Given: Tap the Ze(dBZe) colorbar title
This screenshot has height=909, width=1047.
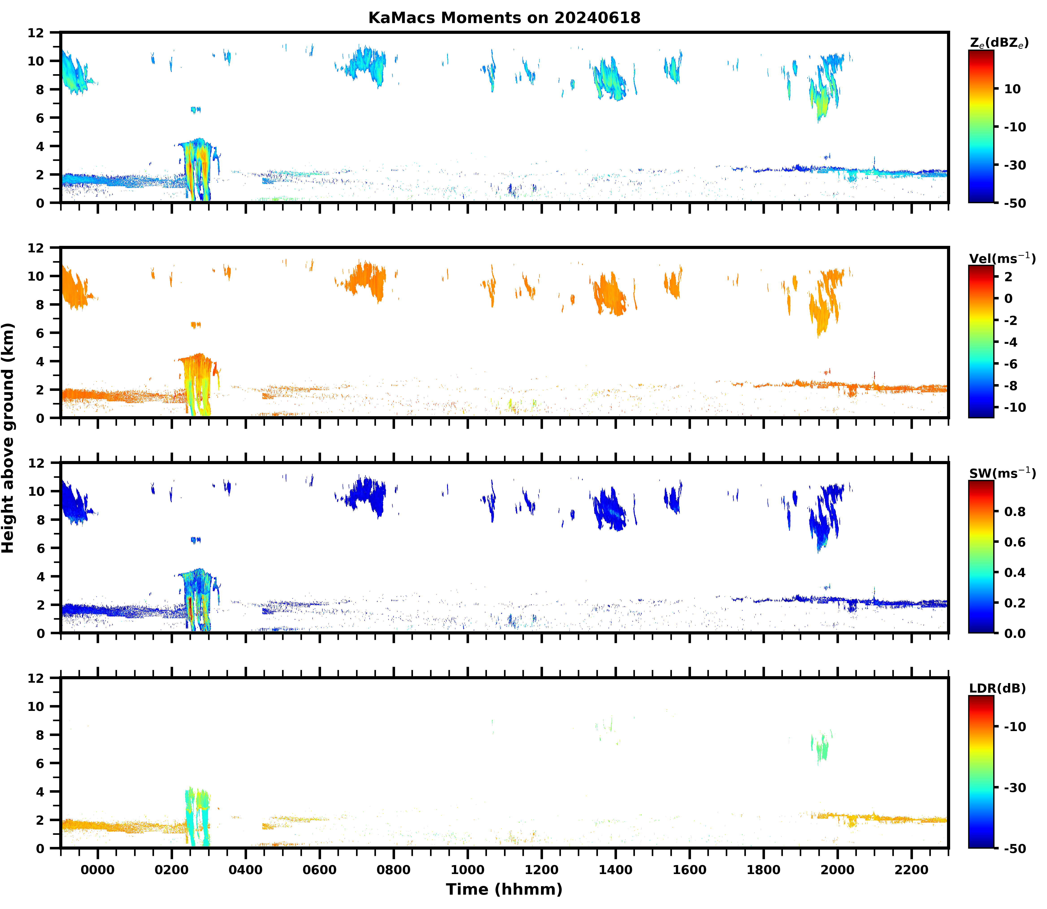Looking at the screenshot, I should point(999,43).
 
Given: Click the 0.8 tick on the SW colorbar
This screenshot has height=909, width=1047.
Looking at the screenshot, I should point(1015,512).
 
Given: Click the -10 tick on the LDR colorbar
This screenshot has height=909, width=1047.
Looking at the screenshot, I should point(1015,727).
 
